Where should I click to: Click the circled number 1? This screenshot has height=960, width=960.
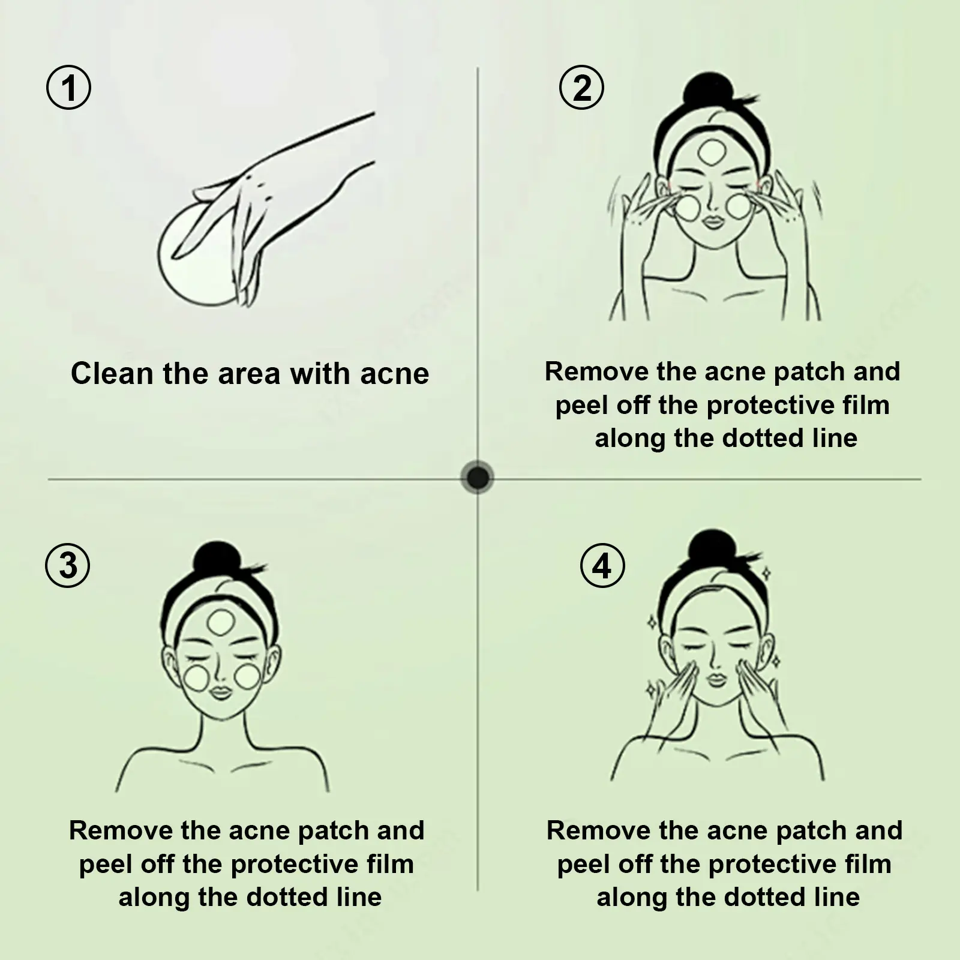pyautogui.click(x=69, y=88)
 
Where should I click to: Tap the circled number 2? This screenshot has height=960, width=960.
pyautogui.click(x=581, y=88)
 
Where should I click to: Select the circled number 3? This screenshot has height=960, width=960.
pyautogui.click(x=68, y=566)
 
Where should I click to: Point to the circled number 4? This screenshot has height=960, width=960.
pyautogui.click(x=602, y=566)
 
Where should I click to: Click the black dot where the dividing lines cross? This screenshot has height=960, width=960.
pyautogui.click(x=478, y=478)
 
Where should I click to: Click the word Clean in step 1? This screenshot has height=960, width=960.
pyautogui.click(x=112, y=373)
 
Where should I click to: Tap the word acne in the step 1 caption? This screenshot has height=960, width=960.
pyautogui.click(x=395, y=374)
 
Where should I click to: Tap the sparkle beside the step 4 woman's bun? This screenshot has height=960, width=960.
pyautogui.click(x=766, y=574)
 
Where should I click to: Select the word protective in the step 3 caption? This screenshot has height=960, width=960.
pyautogui.click(x=299, y=865)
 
